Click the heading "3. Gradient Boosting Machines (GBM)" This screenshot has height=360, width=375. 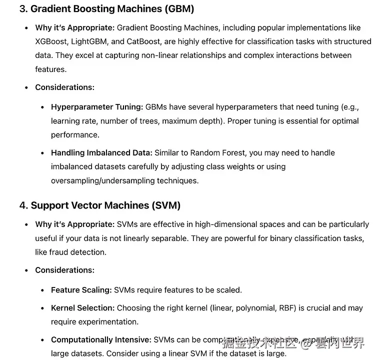coord(106,8)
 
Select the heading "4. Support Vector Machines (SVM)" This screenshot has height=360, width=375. coord(100,205)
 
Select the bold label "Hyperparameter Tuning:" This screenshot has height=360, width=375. coord(97,107)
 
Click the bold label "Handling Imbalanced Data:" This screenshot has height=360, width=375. coord(101,152)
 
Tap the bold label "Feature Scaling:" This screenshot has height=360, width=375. coord(81,290)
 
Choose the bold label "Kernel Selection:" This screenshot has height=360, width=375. coord(82,308)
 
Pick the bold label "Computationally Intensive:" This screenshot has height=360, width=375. coord(101,340)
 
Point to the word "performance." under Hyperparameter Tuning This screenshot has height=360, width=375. coord(75,135)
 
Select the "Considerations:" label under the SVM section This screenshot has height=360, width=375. coord(64,270)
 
